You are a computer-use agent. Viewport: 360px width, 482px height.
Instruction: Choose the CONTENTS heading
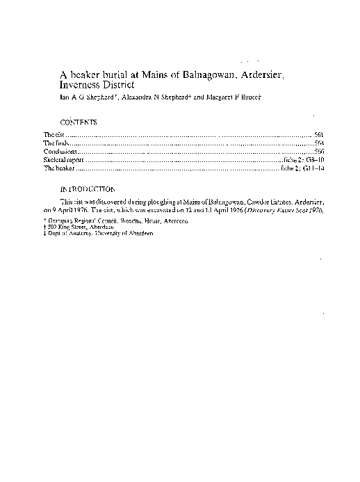[79, 122]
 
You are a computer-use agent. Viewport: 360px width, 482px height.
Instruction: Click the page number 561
[318, 133]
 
